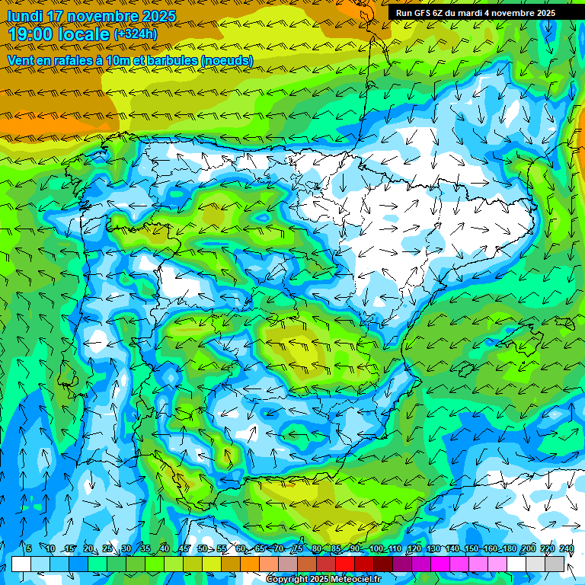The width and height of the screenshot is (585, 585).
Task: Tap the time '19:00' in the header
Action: click(x=30, y=34)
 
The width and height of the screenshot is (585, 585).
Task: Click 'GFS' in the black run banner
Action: click(x=427, y=13)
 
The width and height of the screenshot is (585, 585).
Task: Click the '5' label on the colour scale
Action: click(x=28, y=548)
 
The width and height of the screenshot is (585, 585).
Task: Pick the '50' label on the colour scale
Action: click(x=203, y=548)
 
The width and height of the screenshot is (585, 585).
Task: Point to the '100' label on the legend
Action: click(x=376, y=548)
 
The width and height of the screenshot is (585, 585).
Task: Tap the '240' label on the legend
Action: click(x=566, y=548)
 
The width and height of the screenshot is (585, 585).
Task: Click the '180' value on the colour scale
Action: click(x=509, y=548)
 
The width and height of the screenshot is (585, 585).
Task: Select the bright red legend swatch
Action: click(x=345, y=564)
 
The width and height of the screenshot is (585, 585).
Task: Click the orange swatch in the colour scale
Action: click(x=250, y=564)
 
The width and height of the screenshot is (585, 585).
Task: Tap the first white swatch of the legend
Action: click(x=21, y=564)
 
